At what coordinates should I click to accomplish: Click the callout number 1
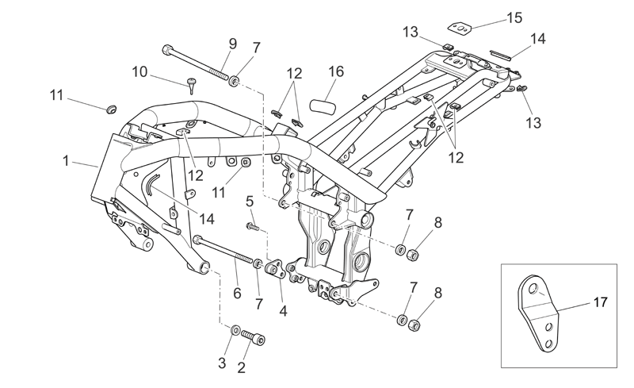pos(66,161)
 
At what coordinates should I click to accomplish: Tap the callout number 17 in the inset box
pos(601,302)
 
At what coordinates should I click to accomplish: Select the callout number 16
pos(336,71)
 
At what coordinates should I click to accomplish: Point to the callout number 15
pos(514,17)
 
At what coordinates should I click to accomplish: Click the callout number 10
pos(140,72)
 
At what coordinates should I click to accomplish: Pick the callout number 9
pos(232,44)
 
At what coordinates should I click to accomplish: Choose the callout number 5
pos(250,201)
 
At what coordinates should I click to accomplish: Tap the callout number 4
pos(283,311)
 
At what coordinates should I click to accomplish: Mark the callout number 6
pos(237,293)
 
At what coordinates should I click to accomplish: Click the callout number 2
pos(242,367)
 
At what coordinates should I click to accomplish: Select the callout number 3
pos(222,363)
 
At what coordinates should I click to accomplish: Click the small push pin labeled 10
pos(191,86)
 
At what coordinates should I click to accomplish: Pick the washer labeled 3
pos(235,329)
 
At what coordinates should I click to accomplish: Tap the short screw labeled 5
pos(251,226)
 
